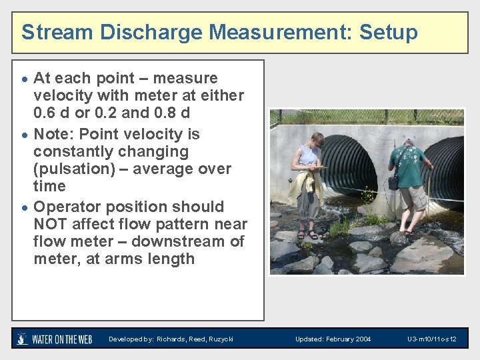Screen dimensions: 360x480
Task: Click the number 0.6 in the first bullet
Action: pos(46,113)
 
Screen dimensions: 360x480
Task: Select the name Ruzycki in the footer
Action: pos(219,339)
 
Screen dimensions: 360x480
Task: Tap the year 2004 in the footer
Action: pos(363,339)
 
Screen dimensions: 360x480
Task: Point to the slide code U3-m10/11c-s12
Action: pos(432,339)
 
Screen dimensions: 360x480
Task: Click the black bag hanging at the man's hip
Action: pos(394,182)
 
